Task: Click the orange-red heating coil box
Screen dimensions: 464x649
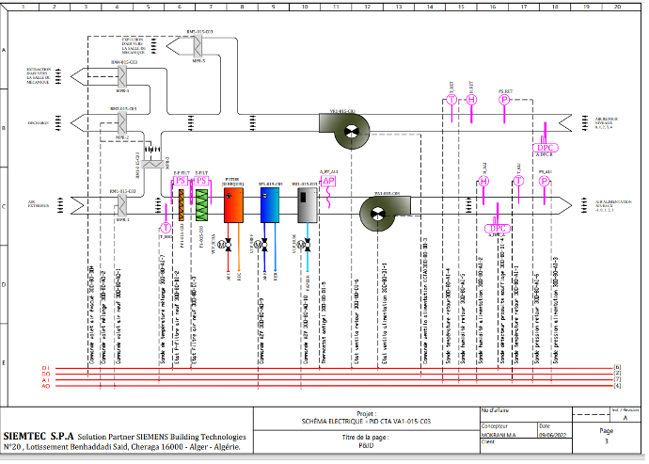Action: point(233,204)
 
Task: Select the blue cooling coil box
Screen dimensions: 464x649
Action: point(270,204)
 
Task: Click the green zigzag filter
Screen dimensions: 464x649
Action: point(200,205)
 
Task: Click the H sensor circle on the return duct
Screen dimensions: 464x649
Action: point(472,100)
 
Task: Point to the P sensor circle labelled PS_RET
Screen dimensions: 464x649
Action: point(504,99)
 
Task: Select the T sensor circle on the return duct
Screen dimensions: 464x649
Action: point(451,100)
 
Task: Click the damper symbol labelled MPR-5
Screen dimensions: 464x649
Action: point(198,47)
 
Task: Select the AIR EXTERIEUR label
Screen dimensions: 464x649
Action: point(39,203)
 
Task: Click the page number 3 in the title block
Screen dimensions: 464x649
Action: point(607,441)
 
